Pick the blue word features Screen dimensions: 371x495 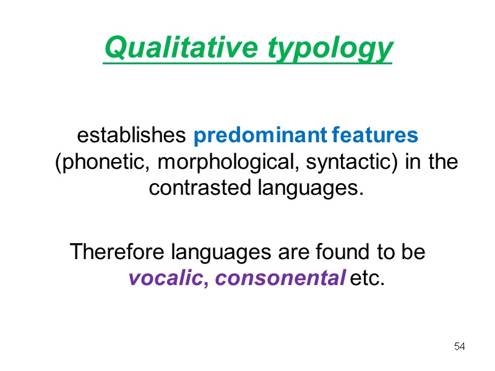[376, 135]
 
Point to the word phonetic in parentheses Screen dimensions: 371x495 [103, 163]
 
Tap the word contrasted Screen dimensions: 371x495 [200, 188]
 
